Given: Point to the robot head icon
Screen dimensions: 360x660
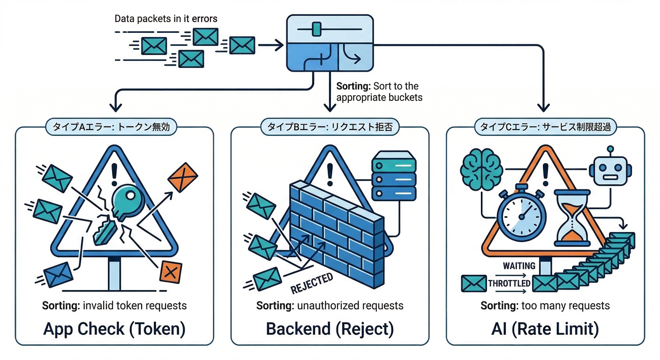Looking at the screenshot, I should [x=609, y=170].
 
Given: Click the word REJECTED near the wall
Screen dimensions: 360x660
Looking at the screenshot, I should [x=312, y=283].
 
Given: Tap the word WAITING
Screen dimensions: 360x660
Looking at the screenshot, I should [x=519, y=266].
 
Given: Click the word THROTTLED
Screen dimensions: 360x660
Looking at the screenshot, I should [x=509, y=283].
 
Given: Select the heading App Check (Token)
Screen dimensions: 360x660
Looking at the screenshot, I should [x=114, y=329].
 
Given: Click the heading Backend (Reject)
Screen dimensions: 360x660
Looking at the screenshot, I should [x=330, y=329].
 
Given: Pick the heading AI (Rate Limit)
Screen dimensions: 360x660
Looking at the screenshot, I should [x=545, y=329].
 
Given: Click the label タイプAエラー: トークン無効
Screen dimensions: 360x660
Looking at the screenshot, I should [x=114, y=127].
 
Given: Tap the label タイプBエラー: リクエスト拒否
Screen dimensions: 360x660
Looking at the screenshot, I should [x=330, y=127].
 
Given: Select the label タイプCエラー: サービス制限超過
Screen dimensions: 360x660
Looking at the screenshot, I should [x=545, y=127].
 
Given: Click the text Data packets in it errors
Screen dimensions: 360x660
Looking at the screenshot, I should [x=166, y=19].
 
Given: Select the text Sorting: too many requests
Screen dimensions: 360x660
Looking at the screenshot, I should [x=545, y=306].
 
